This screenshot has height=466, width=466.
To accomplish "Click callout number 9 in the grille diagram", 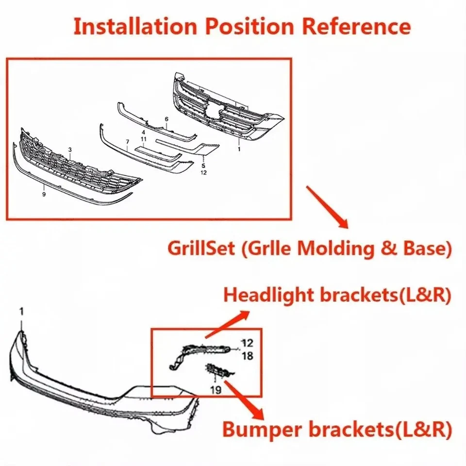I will click(x=44, y=194).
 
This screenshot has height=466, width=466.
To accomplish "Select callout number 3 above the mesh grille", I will click(x=70, y=150).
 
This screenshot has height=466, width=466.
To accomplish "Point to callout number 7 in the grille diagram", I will click(x=127, y=142).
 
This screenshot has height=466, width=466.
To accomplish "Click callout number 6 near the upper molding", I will click(x=166, y=119).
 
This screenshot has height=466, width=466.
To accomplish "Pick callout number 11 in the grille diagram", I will click(x=143, y=139).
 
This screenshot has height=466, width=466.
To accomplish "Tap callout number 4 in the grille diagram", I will click(x=143, y=132).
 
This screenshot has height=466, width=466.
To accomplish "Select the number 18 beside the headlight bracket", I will click(x=247, y=356).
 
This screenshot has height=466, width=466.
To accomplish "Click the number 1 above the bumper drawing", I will click(x=21, y=311).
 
